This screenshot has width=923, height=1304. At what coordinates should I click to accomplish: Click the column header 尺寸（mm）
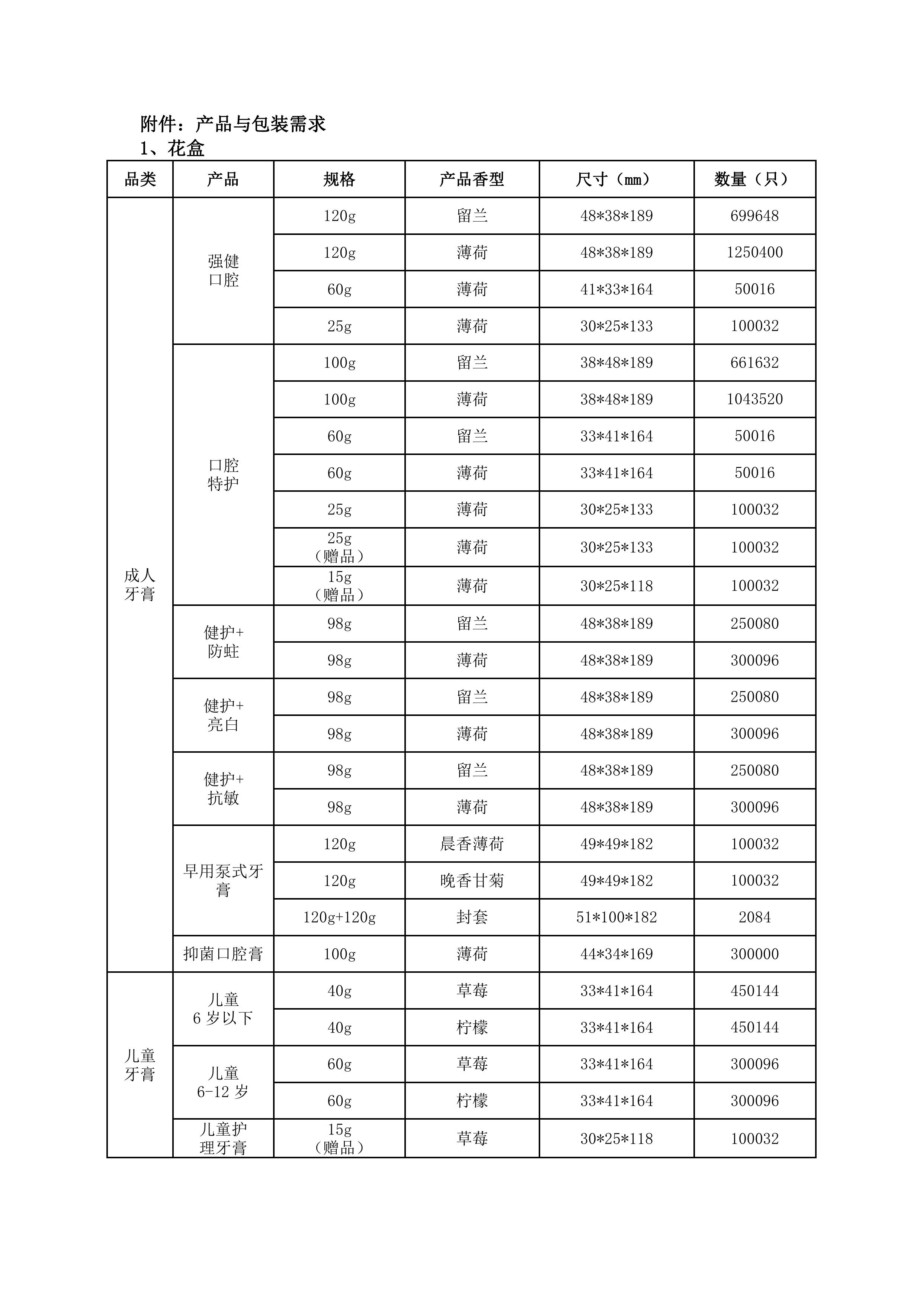pyautogui.click(x=616, y=180)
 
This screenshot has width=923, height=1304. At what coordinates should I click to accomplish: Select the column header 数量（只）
pyautogui.click(x=754, y=180)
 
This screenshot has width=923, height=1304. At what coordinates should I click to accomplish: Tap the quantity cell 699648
pyautogui.click(x=754, y=216)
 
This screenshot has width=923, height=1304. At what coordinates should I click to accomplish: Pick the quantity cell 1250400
pyautogui.click(x=754, y=252)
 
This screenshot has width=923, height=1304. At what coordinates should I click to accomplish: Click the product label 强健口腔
pyautogui.click(x=223, y=270)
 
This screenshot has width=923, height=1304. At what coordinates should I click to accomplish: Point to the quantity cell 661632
pyautogui.click(x=754, y=362)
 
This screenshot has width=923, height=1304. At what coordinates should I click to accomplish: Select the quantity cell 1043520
pyautogui.click(x=754, y=399)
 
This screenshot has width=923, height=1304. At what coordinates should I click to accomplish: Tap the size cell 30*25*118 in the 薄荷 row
pyautogui.click(x=616, y=585)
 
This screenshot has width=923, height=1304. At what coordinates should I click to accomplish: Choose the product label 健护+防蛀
pyautogui.click(x=223, y=642)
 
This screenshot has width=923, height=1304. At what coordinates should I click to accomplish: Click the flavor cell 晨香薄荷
pyautogui.click(x=472, y=844)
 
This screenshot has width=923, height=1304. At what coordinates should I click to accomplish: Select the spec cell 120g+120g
pyautogui.click(x=339, y=917)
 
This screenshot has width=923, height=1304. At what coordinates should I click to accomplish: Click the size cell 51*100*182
pyautogui.click(x=616, y=917)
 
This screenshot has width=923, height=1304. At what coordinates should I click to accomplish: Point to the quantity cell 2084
pyautogui.click(x=754, y=917)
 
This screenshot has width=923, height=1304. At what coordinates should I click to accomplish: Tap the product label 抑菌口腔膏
pyautogui.click(x=223, y=954)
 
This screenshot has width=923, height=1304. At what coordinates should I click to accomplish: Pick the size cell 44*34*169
pyautogui.click(x=616, y=954)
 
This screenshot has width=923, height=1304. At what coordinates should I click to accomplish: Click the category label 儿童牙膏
pyautogui.click(x=140, y=1065)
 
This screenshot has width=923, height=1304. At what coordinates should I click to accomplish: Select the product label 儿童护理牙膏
pyautogui.click(x=223, y=1138)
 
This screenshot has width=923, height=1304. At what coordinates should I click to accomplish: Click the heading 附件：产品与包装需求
pyautogui.click(x=233, y=124)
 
